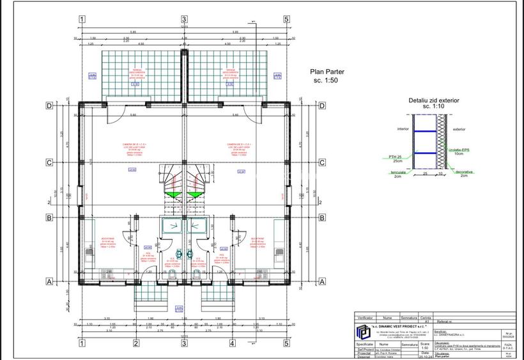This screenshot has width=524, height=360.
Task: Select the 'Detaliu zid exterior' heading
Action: point(434,100)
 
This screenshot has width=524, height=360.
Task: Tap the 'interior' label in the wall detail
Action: point(403,129)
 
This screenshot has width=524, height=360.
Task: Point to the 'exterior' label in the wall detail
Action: point(459,129)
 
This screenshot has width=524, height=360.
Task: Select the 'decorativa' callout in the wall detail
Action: point(465,171)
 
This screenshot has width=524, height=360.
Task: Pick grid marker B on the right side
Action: point(322,217)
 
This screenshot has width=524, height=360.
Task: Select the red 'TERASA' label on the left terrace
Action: point(135,70)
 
